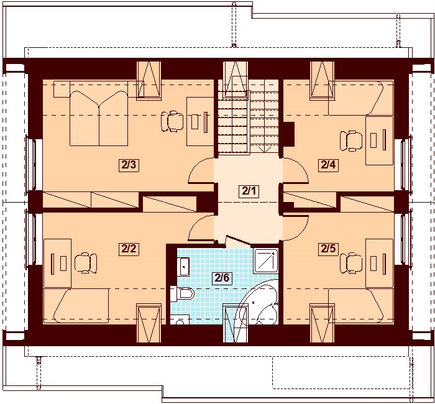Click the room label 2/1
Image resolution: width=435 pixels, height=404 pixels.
pyautogui.click(x=249, y=191)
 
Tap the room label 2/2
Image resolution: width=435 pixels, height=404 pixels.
pyautogui.click(x=129, y=249)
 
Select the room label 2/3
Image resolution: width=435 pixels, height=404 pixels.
pyautogui.click(x=129, y=165)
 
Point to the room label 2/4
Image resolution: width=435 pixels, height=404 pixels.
pyautogui.click(x=328, y=165)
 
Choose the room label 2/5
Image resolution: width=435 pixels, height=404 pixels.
pyautogui.click(x=328, y=249)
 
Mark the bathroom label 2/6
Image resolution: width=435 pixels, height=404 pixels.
pyautogui.click(x=222, y=277)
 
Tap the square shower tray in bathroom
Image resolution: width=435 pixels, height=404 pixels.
pyautogui.click(x=265, y=261)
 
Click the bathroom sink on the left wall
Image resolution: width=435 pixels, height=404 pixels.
pyautogui.click(x=183, y=267)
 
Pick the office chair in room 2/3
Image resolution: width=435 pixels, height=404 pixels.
pyautogui.click(x=172, y=121)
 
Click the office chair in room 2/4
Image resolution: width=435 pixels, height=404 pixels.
pyautogui.click(x=351, y=141)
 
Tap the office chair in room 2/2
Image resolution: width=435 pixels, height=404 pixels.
pyautogui.click(x=86, y=263)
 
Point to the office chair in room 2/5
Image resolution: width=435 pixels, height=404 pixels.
pyautogui.click(x=351, y=263)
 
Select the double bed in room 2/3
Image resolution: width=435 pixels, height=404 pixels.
pyautogui.click(x=99, y=118)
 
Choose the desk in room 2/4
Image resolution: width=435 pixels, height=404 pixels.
pyautogui.click(x=379, y=140)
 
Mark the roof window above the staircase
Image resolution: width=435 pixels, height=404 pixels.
pyautogui.click(x=236, y=80)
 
